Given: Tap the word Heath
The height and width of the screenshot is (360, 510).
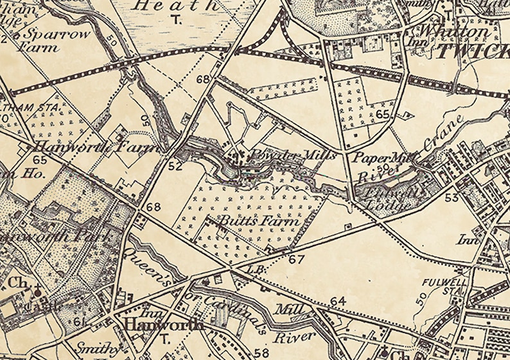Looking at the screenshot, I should click(x=175, y=6).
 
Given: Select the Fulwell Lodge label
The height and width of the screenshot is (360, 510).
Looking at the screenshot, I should click(x=385, y=198).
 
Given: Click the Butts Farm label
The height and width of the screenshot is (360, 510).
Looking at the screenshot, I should click(x=259, y=221).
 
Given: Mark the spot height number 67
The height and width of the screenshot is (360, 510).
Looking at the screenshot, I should click(x=295, y=259).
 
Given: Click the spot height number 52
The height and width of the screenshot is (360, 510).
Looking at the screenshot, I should click(x=175, y=166).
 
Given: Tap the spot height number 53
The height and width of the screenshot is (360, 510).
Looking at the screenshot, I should click(x=451, y=196).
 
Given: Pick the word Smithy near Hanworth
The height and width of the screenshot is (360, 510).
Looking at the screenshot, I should click(x=98, y=349).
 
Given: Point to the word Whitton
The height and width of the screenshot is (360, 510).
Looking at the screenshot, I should click(x=453, y=31).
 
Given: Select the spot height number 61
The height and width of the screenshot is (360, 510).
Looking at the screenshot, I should click(x=80, y=321).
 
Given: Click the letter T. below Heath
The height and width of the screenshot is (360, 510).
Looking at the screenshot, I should click(x=175, y=20).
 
